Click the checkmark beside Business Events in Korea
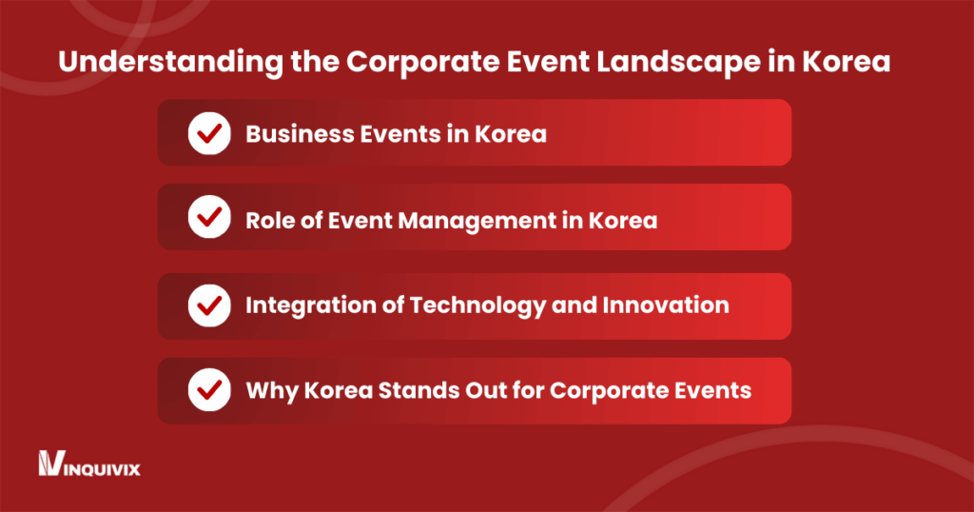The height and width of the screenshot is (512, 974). [209, 133]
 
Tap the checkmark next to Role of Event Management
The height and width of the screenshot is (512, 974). [209, 220]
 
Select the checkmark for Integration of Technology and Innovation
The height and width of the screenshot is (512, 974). [209, 305]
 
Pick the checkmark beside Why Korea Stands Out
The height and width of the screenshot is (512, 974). [209, 390]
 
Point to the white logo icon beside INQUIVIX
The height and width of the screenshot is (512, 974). [49, 464]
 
